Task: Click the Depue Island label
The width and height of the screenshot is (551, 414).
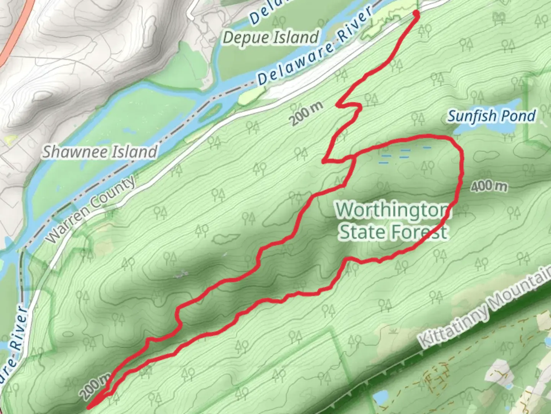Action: coord(271,38)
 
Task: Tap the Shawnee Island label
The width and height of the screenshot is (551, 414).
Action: coord(99,152)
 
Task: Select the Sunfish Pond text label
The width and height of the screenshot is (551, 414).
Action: coord(491,116)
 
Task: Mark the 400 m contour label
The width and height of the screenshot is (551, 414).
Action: coord(489,187)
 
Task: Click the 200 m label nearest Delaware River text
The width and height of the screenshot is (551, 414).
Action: coord(306,114)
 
